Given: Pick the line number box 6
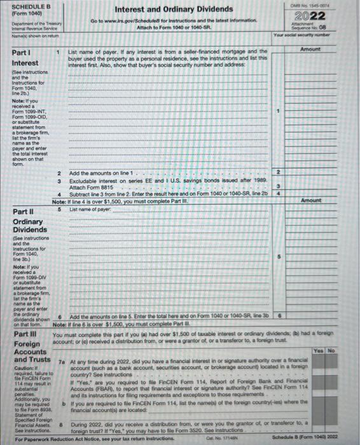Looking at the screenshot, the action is pyautogui.click(x=277, y=315).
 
